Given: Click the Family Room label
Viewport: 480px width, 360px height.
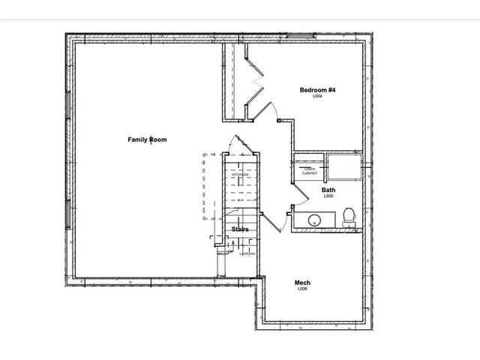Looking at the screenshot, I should coord(147,139).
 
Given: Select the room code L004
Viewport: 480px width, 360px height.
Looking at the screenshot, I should coord(318,97).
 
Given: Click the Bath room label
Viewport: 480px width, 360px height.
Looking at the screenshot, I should coord(328,190).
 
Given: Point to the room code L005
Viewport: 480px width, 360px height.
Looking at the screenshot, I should coord(328,197).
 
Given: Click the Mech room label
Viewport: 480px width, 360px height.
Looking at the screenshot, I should coord(302,283).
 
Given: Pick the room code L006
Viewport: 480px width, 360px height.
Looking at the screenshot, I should coord(302,289).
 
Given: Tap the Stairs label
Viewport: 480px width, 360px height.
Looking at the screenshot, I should coord(240,229).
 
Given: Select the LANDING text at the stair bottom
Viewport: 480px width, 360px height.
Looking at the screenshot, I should coord(247,253).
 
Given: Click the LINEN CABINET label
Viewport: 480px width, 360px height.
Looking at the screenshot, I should coord(310,171).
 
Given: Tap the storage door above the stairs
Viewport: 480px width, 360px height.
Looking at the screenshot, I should coord(240,145).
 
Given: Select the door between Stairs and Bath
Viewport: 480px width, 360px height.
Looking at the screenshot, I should coord(271,219).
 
